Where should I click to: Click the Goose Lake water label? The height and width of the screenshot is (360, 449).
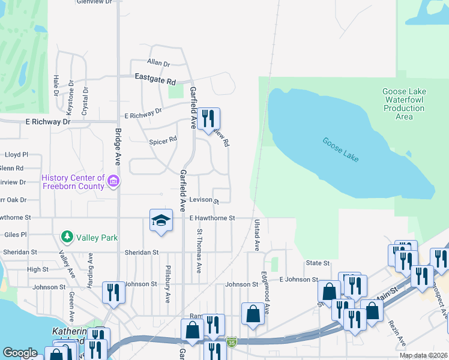340,150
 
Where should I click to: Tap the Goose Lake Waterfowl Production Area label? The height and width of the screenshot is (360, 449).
404,104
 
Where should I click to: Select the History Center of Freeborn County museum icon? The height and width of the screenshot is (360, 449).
113,181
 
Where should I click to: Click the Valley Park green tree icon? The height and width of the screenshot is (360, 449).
67,237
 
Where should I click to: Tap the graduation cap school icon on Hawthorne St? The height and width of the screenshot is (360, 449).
161,221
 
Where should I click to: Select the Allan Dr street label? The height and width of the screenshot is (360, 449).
158,63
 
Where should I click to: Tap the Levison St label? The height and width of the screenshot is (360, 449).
204,200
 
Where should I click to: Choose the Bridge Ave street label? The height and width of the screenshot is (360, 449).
118,150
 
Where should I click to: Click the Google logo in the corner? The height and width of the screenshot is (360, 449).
20,352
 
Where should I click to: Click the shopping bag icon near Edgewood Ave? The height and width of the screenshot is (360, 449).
253,313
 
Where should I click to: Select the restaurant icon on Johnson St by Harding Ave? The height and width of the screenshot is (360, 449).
113,293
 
